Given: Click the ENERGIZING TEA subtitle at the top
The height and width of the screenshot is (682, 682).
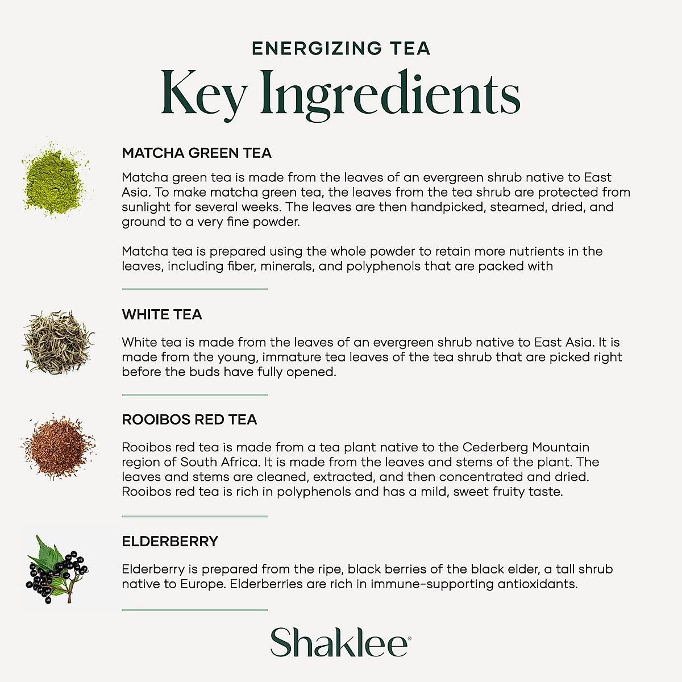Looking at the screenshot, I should click(341, 48).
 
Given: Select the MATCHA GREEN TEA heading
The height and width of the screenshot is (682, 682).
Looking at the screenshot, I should click(197, 153).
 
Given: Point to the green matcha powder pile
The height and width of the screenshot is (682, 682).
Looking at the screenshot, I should click(55, 178).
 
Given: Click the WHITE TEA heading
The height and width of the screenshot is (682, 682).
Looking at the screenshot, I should click(162, 314).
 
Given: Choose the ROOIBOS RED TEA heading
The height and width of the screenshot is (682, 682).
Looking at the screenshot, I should click(189, 419).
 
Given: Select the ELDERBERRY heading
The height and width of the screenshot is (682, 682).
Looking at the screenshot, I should click(170, 541).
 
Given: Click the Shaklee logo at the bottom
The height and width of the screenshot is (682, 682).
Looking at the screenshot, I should click(340, 642).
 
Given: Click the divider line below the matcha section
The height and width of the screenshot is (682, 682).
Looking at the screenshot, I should click(194, 289).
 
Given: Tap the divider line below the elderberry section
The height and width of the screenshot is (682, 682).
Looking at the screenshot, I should click(194, 610).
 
